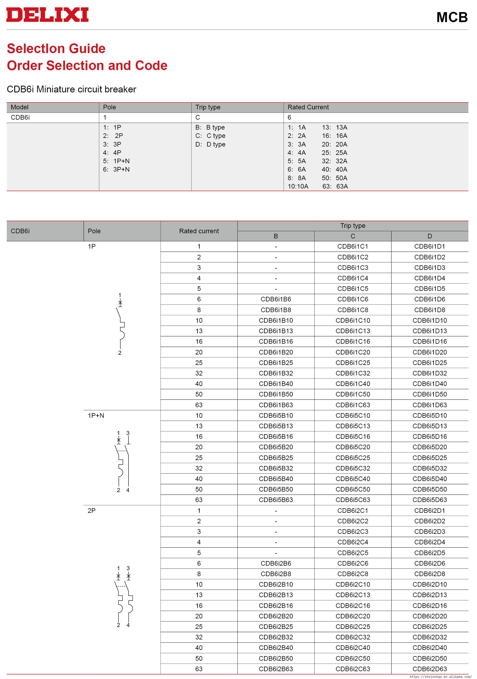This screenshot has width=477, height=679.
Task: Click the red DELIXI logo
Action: tap(47, 15)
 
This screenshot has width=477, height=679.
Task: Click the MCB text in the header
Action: tap(452, 17)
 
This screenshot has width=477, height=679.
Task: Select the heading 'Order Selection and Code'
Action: tap(87, 65)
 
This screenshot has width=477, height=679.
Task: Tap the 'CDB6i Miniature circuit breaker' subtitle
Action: tap(71, 89)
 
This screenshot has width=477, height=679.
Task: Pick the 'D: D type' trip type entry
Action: tap(210, 144)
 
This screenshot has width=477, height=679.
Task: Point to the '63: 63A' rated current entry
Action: tap(335, 186)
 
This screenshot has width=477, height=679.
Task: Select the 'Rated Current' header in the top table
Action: tap(308, 107)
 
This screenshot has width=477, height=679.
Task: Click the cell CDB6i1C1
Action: tap(353, 246)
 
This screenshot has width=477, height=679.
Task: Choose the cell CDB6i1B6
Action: tap(276, 299)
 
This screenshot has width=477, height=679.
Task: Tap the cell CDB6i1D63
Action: tap(430, 405)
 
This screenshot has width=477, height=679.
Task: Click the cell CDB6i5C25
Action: tap(353, 458)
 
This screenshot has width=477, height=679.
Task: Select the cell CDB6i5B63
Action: tap(276, 500)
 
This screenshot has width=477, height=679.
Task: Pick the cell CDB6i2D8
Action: tap(430, 574)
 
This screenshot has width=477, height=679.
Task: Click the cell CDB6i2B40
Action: tap(276, 647)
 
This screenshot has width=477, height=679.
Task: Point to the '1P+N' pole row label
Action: tap(96, 416)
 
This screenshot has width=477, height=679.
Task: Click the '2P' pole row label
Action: tap(92, 510)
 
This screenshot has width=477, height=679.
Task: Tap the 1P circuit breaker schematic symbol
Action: tap(120, 324)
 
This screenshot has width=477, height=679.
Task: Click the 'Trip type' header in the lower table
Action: tap(353, 226)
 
